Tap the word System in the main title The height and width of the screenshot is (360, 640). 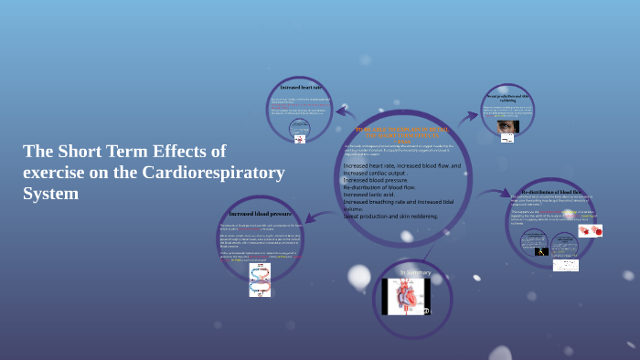(x=50, y=194)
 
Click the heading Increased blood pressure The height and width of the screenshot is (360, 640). (x=260, y=213)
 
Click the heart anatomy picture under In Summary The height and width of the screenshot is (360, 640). (x=406, y=297)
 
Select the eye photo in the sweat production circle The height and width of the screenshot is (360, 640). (x=507, y=126)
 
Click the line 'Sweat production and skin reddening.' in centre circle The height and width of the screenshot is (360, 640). (x=390, y=217)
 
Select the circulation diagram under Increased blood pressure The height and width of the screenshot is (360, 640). (x=260, y=280)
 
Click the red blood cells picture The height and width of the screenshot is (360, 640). (x=590, y=231)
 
